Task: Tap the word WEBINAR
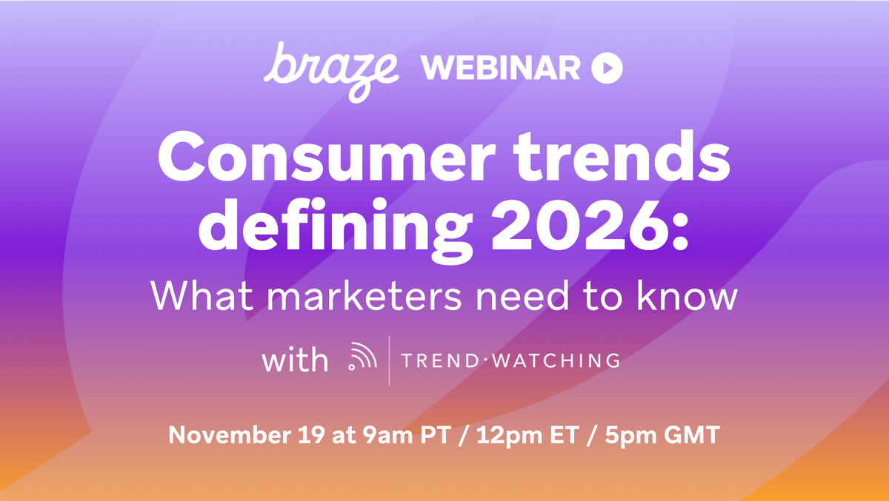(x=502, y=69)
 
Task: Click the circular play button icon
(x=607, y=69)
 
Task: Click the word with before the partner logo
(x=294, y=360)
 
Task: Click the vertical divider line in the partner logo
(x=390, y=360)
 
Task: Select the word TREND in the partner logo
(x=439, y=360)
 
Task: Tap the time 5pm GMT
(x=655, y=435)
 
